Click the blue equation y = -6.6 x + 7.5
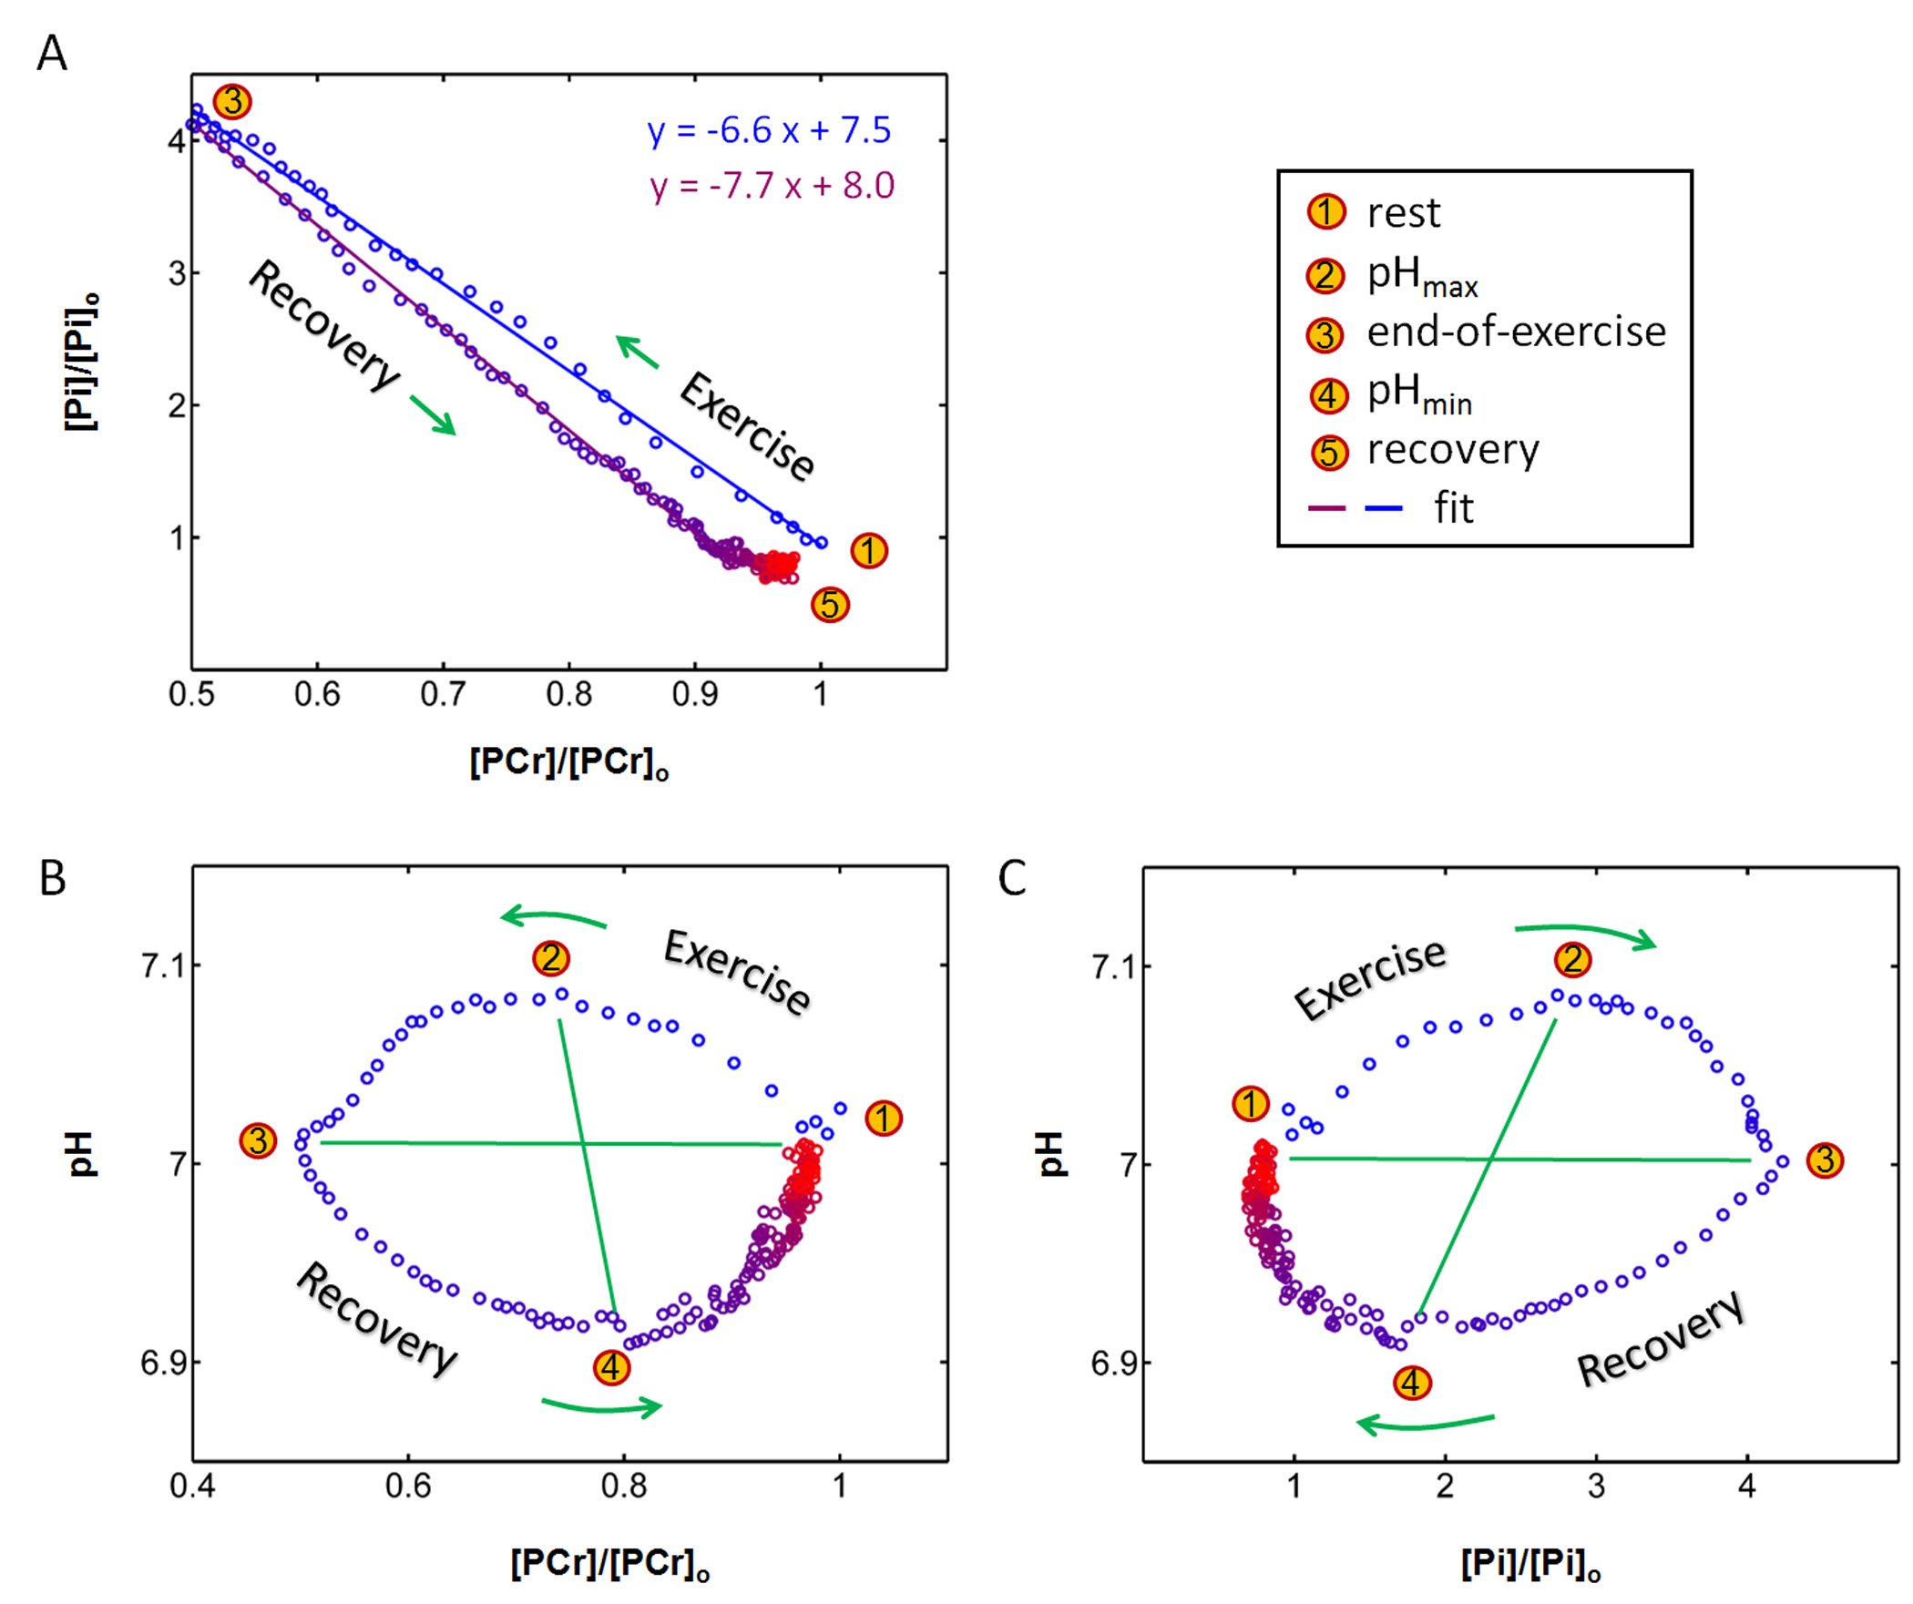[769, 131]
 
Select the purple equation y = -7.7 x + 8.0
[772, 186]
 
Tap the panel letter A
[52, 53]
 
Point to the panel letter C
[1012, 879]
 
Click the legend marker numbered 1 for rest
[1325, 212]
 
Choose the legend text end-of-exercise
[1516, 332]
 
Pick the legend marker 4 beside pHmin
[1327, 396]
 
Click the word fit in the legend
[1453, 508]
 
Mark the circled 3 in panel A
[232, 101]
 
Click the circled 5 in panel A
[830, 605]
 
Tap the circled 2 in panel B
[551, 958]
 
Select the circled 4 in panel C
[1412, 1384]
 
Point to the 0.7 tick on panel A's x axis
[443, 695]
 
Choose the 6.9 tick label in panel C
[1113, 1364]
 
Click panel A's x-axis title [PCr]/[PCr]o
[569, 762]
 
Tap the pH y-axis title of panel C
[1050, 1154]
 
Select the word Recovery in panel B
[376, 1319]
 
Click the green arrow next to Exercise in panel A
[638, 352]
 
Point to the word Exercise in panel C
[1369, 979]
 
